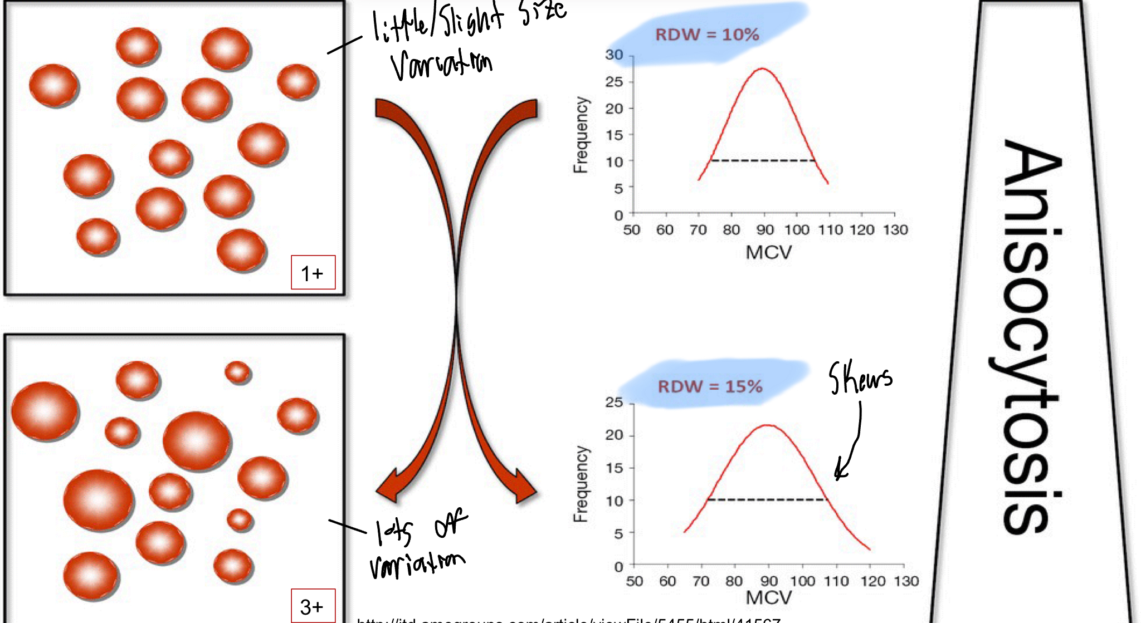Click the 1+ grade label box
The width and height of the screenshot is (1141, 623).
313,272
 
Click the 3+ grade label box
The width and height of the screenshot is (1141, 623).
313,606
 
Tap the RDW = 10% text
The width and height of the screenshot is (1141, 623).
706,35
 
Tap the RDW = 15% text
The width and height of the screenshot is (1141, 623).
710,386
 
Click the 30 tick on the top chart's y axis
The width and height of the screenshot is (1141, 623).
615,55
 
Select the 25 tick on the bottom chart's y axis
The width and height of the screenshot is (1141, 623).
615,403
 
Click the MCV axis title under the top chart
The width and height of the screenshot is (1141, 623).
768,253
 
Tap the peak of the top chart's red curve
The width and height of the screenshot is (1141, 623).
762,69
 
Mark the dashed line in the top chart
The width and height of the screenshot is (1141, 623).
762,161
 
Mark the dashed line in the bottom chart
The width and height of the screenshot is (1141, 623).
766,499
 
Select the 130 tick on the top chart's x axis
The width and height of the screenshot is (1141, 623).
895,229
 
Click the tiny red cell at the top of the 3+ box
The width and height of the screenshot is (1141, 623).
238,372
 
